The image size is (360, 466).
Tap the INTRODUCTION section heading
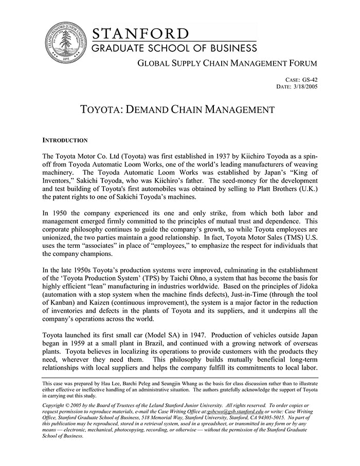click(x=65, y=140)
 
